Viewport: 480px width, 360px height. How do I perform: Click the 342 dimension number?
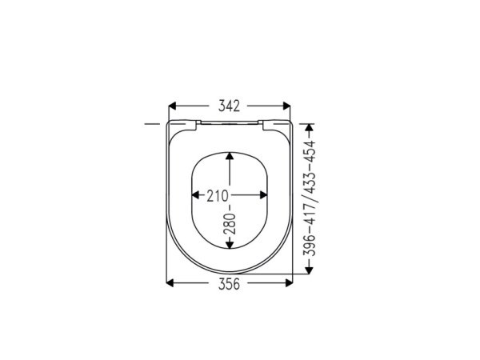pyautogui.click(x=229, y=106)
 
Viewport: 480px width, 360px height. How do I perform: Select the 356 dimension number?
pyautogui.click(x=229, y=284)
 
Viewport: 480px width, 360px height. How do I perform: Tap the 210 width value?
pyautogui.click(x=218, y=196)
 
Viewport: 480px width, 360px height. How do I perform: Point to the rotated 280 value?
pyautogui.click(x=230, y=224)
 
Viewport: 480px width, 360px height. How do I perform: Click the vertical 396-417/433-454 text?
pyautogui.click(x=309, y=198)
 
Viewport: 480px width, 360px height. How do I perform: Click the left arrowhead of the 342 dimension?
pyautogui.click(x=173, y=106)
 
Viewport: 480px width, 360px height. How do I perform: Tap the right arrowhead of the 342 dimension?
pyautogui.click(x=286, y=106)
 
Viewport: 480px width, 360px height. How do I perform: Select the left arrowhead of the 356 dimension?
pyautogui.click(x=170, y=283)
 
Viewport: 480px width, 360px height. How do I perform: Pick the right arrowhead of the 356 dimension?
pyautogui.click(x=289, y=283)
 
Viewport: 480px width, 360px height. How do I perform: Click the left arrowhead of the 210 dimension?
pyautogui.click(x=195, y=195)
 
